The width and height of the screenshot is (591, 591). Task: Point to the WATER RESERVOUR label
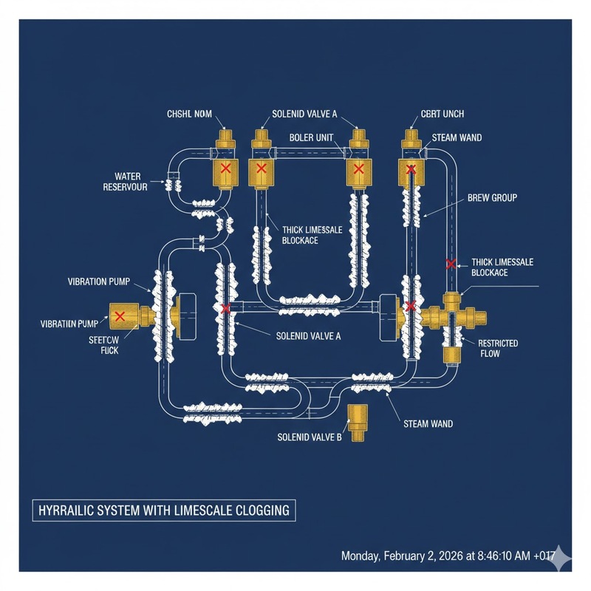point(126,182)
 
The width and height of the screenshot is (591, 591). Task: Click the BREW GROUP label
point(493,198)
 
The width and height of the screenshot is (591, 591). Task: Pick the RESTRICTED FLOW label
point(498,349)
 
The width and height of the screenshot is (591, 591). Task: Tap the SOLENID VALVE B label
point(310,437)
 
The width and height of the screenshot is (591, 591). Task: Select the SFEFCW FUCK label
point(99,345)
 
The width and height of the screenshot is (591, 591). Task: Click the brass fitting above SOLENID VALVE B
point(358,421)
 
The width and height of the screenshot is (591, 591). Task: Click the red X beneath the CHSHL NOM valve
point(226,169)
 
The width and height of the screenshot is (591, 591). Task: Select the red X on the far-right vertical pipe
point(450,263)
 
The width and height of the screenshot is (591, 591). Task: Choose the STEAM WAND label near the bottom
point(428,424)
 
